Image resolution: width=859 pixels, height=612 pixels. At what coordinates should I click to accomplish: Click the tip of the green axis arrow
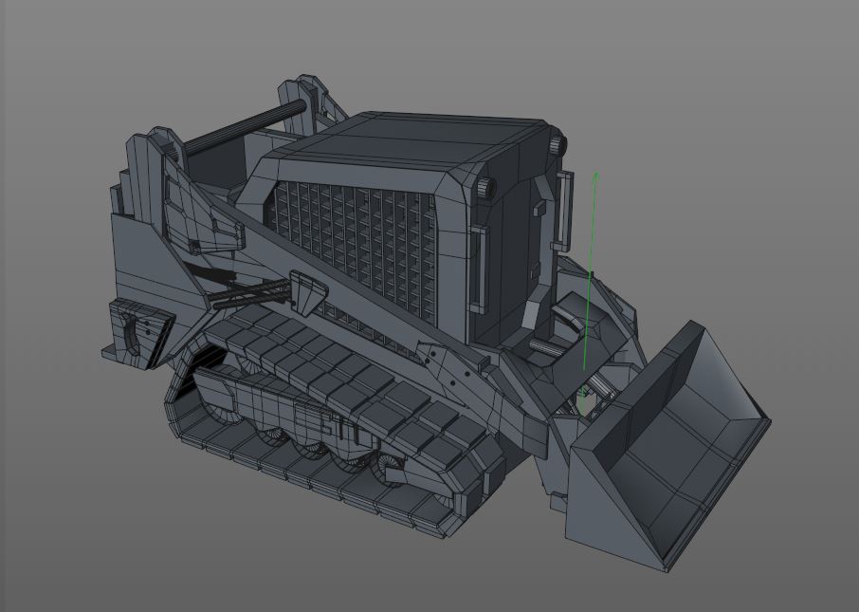point(595,174)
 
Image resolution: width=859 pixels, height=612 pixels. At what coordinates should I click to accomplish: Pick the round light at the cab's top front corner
point(557,145)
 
